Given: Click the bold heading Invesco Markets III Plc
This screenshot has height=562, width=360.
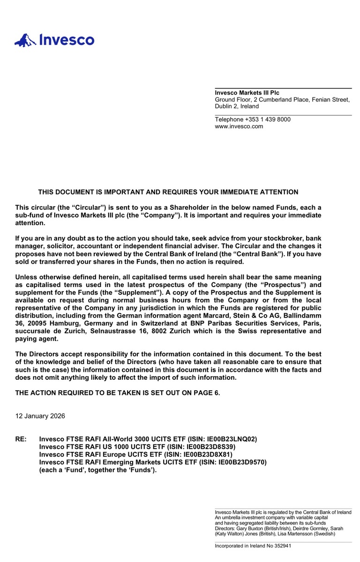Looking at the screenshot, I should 247,93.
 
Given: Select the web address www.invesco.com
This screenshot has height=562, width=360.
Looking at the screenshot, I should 239,126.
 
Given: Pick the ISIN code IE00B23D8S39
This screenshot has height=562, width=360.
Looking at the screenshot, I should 210,447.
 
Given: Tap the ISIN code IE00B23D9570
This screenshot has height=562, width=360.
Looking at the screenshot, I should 241,462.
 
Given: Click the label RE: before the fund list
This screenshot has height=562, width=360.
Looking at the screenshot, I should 21,439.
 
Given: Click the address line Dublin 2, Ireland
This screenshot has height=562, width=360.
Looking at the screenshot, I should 236,106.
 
